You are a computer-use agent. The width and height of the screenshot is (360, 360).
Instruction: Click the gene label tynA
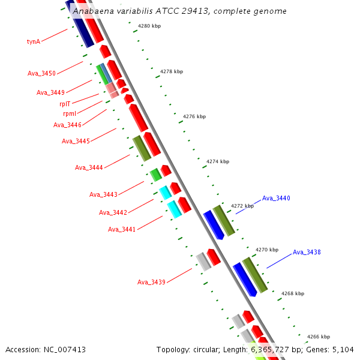(34, 41)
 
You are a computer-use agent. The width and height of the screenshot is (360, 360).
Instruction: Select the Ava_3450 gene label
(41, 73)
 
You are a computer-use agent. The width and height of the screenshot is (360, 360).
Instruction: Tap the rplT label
(65, 104)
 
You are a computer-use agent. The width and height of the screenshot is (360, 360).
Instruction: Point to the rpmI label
(70, 113)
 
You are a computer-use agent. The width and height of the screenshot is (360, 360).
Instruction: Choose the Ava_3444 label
(89, 167)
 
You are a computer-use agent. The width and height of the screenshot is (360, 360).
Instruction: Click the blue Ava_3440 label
(276, 198)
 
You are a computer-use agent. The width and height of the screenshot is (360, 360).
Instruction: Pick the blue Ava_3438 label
(307, 252)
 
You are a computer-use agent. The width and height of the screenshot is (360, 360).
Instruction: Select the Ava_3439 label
(151, 282)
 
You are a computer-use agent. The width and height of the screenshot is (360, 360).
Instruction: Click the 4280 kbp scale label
(149, 26)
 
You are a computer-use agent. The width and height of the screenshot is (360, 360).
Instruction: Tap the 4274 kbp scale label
(218, 161)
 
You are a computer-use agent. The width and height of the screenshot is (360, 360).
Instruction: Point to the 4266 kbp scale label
(318, 337)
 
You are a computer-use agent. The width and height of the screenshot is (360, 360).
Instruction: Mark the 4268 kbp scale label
(292, 293)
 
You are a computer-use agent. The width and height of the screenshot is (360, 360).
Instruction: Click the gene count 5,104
(344, 349)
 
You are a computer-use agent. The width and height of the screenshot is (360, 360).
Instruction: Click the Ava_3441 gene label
(122, 229)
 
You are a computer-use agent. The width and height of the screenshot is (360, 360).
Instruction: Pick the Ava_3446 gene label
(67, 125)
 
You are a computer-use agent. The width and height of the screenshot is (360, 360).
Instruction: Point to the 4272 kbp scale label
(242, 206)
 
